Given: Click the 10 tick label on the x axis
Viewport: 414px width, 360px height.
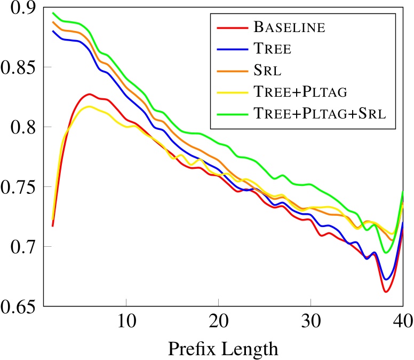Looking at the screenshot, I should [x=125, y=322].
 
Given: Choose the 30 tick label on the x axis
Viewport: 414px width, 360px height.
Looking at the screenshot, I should [x=310, y=322].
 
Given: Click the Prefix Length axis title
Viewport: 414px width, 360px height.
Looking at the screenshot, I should [x=223, y=349].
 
